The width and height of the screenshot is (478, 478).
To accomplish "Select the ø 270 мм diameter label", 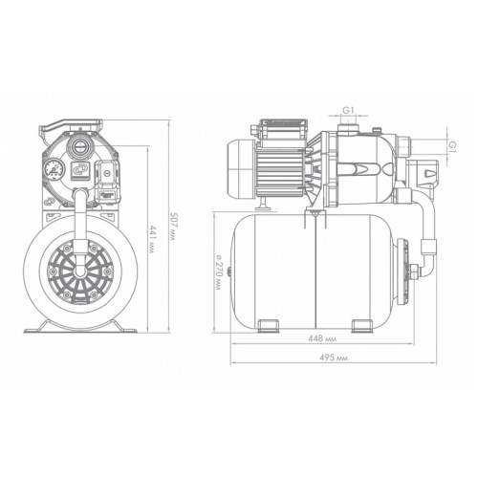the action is pyautogui.click(x=218, y=272).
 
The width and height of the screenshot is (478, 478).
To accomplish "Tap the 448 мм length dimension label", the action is pyautogui.click(x=322, y=338).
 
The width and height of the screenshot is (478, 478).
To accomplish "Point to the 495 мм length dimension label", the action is pyautogui.click(x=334, y=358).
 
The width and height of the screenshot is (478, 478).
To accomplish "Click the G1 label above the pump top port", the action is pyautogui.click(x=348, y=110).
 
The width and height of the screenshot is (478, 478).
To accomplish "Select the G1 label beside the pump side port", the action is pyautogui.click(x=453, y=147).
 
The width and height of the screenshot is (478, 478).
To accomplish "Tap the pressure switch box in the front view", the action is pyautogui.click(x=108, y=181).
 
